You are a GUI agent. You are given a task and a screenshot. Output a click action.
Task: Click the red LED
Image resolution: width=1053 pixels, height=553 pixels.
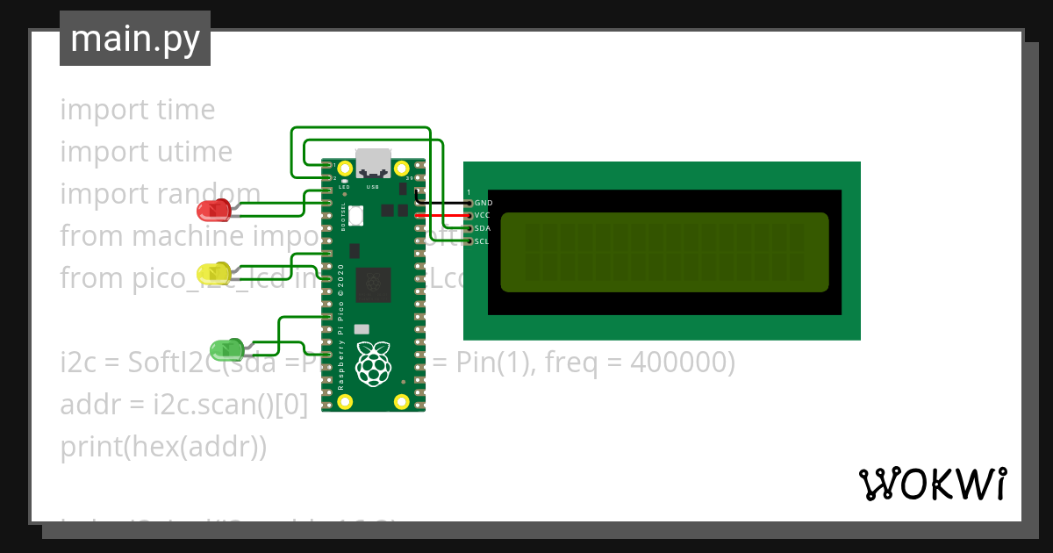pyautogui.click(x=213, y=211)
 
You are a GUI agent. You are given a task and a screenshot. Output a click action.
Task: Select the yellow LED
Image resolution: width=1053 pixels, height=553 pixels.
pyautogui.click(x=213, y=273)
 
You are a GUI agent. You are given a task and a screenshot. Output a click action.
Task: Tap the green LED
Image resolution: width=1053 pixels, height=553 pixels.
pyautogui.click(x=226, y=349)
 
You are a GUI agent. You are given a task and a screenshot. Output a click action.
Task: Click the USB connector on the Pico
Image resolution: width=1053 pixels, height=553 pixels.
pyautogui.click(x=373, y=164)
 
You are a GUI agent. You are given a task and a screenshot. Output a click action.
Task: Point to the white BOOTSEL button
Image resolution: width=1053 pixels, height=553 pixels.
pyautogui.click(x=356, y=215)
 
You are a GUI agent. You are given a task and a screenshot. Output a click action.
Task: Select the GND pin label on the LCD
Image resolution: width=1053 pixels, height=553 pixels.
pyautogui.click(x=483, y=203)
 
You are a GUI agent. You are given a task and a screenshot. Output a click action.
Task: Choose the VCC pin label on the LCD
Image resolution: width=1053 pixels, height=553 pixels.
pyautogui.click(x=483, y=215)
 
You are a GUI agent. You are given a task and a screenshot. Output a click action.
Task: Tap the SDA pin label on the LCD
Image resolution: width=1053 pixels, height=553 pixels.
pyautogui.click(x=483, y=228)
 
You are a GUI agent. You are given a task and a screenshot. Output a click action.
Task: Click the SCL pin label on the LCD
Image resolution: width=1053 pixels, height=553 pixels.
pyautogui.click(x=483, y=241)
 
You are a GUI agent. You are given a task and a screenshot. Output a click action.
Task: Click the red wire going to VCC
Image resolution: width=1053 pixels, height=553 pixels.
pyautogui.click(x=443, y=215)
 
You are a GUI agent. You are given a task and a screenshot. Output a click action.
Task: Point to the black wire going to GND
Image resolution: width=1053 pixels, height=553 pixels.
pyautogui.click(x=443, y=203)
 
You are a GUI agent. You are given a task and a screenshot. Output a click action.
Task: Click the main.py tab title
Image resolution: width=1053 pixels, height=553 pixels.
pyautogui.click(x=135, y=39)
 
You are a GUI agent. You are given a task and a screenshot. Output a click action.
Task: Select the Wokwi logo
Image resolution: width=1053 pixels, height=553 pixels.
pyautogui.click(x=932, y=485)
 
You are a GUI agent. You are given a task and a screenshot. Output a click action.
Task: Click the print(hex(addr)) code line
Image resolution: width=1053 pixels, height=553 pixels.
pyautogui.click(x=163, y=446)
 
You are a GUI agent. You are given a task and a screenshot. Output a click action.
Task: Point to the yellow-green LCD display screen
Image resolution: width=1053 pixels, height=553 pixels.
pyautogui.click(x=664, y=252)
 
